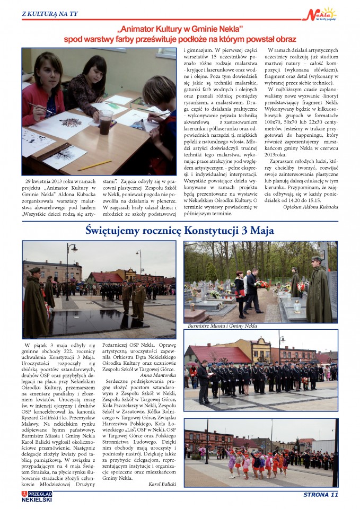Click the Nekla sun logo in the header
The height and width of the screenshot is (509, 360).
coord(322,14)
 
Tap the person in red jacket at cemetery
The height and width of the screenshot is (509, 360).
coord(240,289)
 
